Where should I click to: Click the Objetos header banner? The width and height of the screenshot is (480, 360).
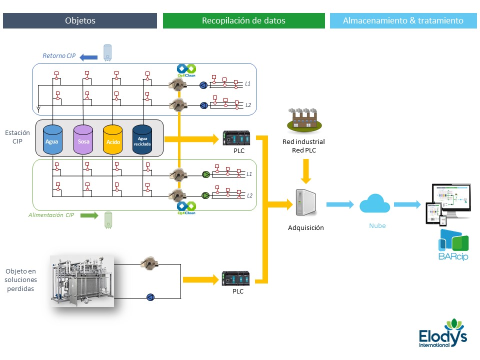tap(80, 20)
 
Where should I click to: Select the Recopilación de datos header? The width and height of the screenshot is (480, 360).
tap(243, 20)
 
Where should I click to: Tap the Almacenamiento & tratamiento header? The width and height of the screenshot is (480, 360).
tap(403, 20)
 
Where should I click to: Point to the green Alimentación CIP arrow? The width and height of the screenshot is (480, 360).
tap(89, 215)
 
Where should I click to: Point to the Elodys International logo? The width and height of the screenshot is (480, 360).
tap(443, 332)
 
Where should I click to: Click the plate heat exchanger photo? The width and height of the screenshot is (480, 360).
tap(82, 280)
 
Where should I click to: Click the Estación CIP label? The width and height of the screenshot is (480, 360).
tap(17, 137)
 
